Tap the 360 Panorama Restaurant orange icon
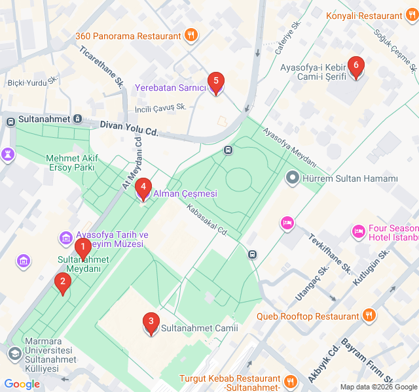pos(191,36)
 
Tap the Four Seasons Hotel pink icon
pos(358,231)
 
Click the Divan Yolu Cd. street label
pos(129,127)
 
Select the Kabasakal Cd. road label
pos(206,221)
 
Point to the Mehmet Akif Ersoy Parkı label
pos(71,163)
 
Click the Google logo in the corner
pos(22,384)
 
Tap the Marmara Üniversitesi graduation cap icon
pos(14,353)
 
